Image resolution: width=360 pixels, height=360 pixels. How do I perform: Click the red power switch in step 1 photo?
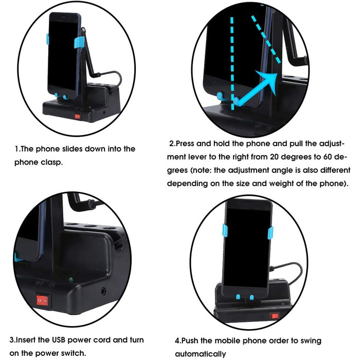[77, 117]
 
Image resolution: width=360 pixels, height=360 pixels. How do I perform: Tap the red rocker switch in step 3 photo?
[42, 300]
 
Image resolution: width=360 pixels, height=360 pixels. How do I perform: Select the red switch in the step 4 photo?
[275, 316]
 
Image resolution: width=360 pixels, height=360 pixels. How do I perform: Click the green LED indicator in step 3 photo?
[70, 280]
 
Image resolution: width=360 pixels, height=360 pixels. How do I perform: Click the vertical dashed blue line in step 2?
[232, 63]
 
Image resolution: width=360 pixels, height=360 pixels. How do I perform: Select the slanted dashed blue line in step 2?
[266, 39]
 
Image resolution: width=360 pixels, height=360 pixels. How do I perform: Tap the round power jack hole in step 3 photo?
[103, 292]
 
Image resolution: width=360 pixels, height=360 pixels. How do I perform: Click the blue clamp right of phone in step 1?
[79, 42]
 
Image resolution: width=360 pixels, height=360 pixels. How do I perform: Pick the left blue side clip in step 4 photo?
[225, 231]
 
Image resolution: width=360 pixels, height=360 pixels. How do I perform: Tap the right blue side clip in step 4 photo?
[271, 233]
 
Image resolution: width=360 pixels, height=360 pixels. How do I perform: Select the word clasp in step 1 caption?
[51, 163]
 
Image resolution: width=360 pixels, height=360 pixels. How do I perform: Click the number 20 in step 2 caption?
[274, 157]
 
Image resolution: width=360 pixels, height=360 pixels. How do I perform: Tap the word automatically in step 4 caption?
[201, 354]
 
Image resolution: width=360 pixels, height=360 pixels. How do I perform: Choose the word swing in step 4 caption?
[311, 341]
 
